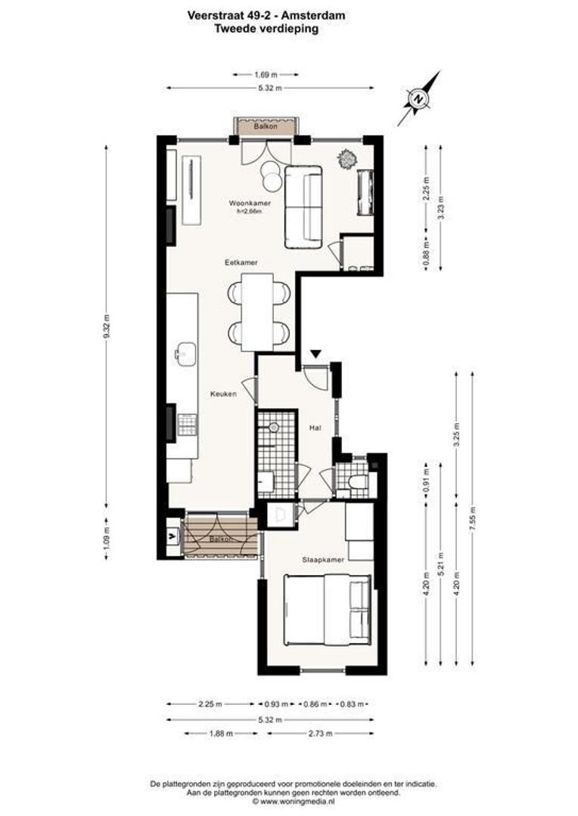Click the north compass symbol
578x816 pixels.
click(418, 98)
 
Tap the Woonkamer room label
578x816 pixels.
click(248, 203)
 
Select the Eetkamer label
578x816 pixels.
click(241, 262)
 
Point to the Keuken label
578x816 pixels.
click(225, 394)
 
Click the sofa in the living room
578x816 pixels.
click(303, 207)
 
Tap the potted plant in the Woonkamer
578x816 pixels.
click(348, 159)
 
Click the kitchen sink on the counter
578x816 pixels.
click(185, 352)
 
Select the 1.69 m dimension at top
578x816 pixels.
click(265, 74)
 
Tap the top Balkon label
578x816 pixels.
click(265, 127)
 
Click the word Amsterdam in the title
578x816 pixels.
click(291, 13)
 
